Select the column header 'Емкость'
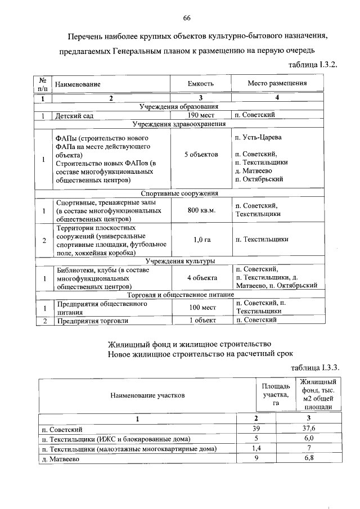coord(201,84)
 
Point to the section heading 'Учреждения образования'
coord(179,106)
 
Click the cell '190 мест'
coord(201,115)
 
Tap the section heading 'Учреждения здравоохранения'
coord(179,124)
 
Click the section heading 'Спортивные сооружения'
coord(179,193)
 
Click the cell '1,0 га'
coord(201,240)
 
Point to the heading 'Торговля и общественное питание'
coord(179,294)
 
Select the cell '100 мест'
coord(201,307)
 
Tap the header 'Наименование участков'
coord(147,395)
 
